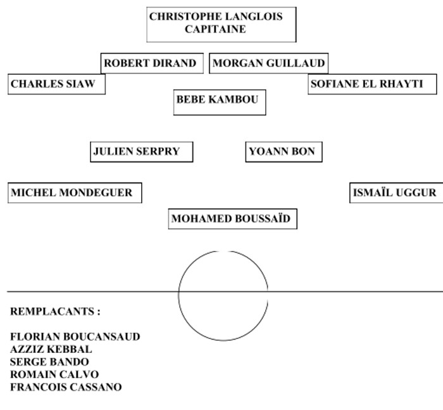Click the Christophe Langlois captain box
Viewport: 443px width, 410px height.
coord(221,24)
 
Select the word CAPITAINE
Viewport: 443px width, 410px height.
coord(216,29)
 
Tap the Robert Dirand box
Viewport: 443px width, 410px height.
coord(152,63)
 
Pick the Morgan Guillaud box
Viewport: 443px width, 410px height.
coord(268,63)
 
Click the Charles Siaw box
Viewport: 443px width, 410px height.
coord(56,84)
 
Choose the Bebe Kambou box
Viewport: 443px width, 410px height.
coord(219,101)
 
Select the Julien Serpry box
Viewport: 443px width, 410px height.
coord(140,152)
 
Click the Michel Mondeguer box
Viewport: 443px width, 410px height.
coord(75,193)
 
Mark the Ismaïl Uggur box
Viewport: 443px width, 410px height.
coord(396,193)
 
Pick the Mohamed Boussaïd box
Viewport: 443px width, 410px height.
coord(232,219)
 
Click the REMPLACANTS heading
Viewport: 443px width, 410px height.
coord(55,312)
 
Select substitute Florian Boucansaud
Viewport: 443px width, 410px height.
coord(75,336)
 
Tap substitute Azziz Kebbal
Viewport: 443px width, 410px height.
coord(51,349)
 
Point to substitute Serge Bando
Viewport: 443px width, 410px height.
coord(49,362)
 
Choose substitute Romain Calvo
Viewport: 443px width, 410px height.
coord(54,375)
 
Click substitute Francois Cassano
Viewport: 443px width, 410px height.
coord(66,387)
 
